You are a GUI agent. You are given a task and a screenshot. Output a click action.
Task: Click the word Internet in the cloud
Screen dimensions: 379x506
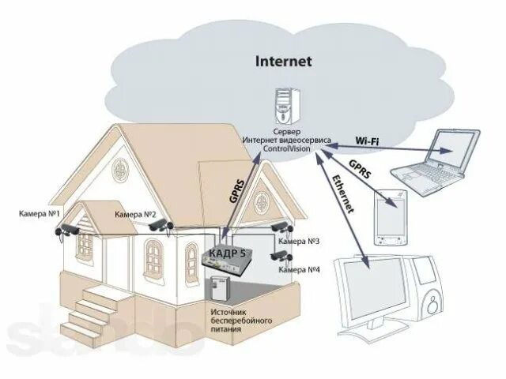(x=283, y=60)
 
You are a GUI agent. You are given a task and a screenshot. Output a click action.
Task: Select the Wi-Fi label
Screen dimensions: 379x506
(x=368, y=141)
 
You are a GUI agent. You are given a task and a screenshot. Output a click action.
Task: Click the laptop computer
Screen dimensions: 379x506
(x=442, y=162)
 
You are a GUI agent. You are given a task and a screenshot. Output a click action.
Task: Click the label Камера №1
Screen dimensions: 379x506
(x=41, y=214)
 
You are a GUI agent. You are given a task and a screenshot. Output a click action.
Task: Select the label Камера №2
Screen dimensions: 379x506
(x=135, y=214)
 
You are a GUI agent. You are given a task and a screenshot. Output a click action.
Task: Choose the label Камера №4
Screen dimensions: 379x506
(x=300, y=270)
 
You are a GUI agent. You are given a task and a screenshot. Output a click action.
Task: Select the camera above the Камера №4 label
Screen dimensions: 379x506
(x=281, y=256)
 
